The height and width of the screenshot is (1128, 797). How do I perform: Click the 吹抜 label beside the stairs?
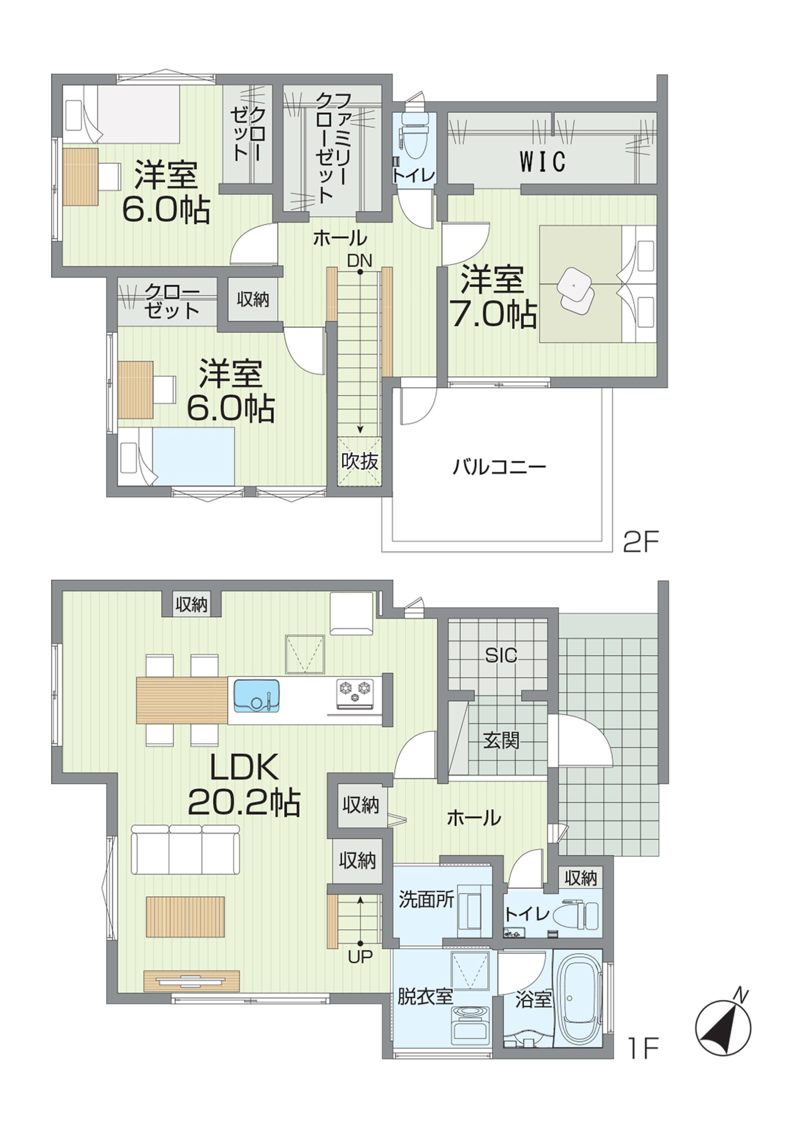[360, 461]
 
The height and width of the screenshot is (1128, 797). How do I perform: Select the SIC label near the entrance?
[501, 655]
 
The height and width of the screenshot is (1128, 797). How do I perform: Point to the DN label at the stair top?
[360, 260]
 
